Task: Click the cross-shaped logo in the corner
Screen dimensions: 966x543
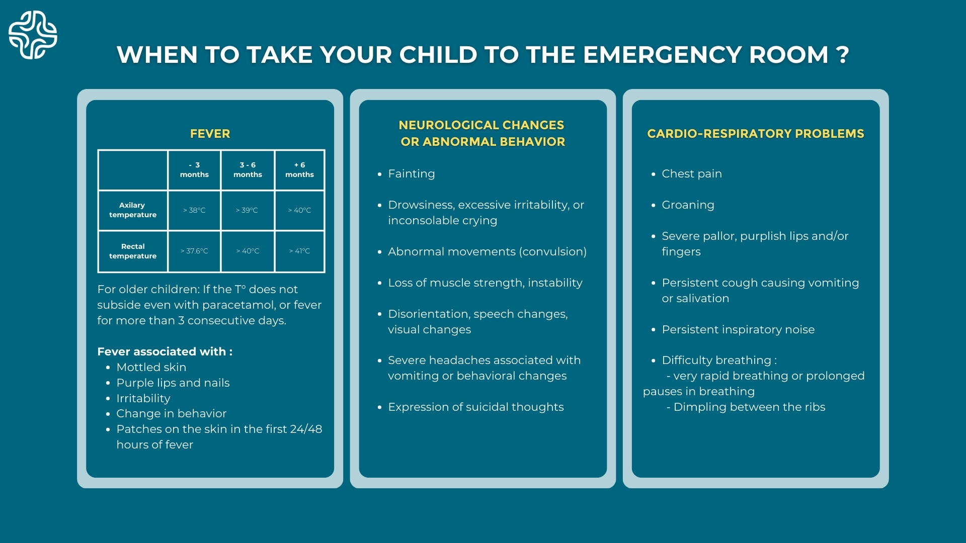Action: [33, 35]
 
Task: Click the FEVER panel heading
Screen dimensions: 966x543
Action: [210, 134]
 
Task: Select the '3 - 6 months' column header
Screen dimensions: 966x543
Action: [248, 169]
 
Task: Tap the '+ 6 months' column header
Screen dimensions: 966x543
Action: [299, 169]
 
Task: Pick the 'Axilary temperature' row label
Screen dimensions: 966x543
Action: [133, 210]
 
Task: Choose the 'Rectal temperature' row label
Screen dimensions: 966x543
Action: [133, 251]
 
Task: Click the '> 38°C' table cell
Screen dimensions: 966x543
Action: [194, 210]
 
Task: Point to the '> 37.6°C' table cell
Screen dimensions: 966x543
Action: [194, 251]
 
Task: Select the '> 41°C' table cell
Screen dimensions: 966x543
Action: [299, 251]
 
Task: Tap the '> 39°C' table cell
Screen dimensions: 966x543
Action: [247, 210]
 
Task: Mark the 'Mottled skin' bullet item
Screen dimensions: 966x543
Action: [151, 368]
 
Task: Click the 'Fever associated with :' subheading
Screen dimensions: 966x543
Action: [165, 351]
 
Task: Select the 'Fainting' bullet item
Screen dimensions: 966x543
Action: [412, 174]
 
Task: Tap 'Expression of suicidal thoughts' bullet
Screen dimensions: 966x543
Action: [476, 407]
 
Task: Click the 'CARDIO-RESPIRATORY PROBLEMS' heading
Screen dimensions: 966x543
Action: [756, 134]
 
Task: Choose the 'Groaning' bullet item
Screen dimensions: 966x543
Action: [688, 205]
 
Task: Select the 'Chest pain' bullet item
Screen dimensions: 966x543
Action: [692, 174]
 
